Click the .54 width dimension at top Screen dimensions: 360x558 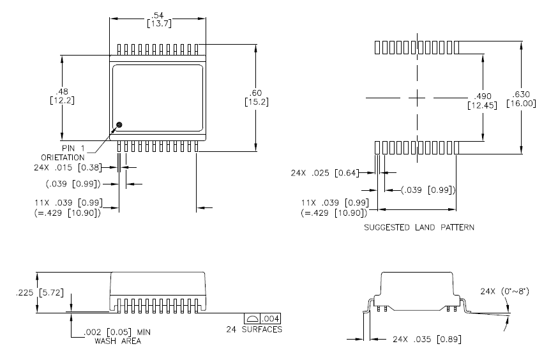click(157, 15)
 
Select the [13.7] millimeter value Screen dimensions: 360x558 click(157, 24)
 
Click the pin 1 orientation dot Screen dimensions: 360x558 click(119, 124)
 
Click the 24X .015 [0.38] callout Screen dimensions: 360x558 click(75, 169)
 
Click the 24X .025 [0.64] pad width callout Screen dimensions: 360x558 click(335, 172)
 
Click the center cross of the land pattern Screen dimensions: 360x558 click(416, 98)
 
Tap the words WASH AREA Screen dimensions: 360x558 click(117, 341)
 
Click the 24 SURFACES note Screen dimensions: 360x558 click(254, 329)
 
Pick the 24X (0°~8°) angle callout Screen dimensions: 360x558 click(506, 292)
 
